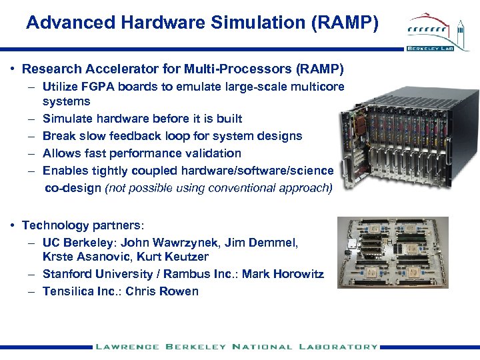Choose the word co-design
73,188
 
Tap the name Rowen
180,291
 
